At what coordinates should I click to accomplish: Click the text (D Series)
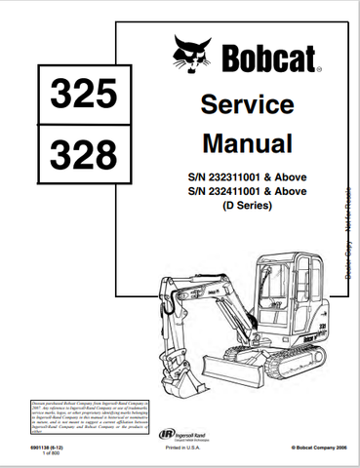click(247, 209)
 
